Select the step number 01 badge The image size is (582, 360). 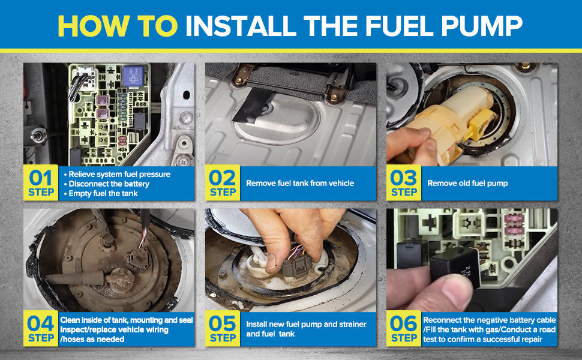(41, 182)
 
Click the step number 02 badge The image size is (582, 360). (223, 182)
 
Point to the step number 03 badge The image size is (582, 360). (404, 182)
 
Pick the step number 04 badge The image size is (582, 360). (41, 328)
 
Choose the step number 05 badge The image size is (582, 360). (223, 328)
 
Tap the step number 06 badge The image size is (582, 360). (404, 328)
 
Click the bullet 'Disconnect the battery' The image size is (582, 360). (107, 184)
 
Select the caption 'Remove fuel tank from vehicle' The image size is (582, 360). (300, 183)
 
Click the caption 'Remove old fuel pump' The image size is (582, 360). (467, 183)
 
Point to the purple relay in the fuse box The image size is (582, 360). (133, 76)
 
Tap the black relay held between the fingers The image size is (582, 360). (456, 267)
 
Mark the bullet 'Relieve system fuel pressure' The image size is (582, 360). (117, 174)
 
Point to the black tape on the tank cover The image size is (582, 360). (253, 106)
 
